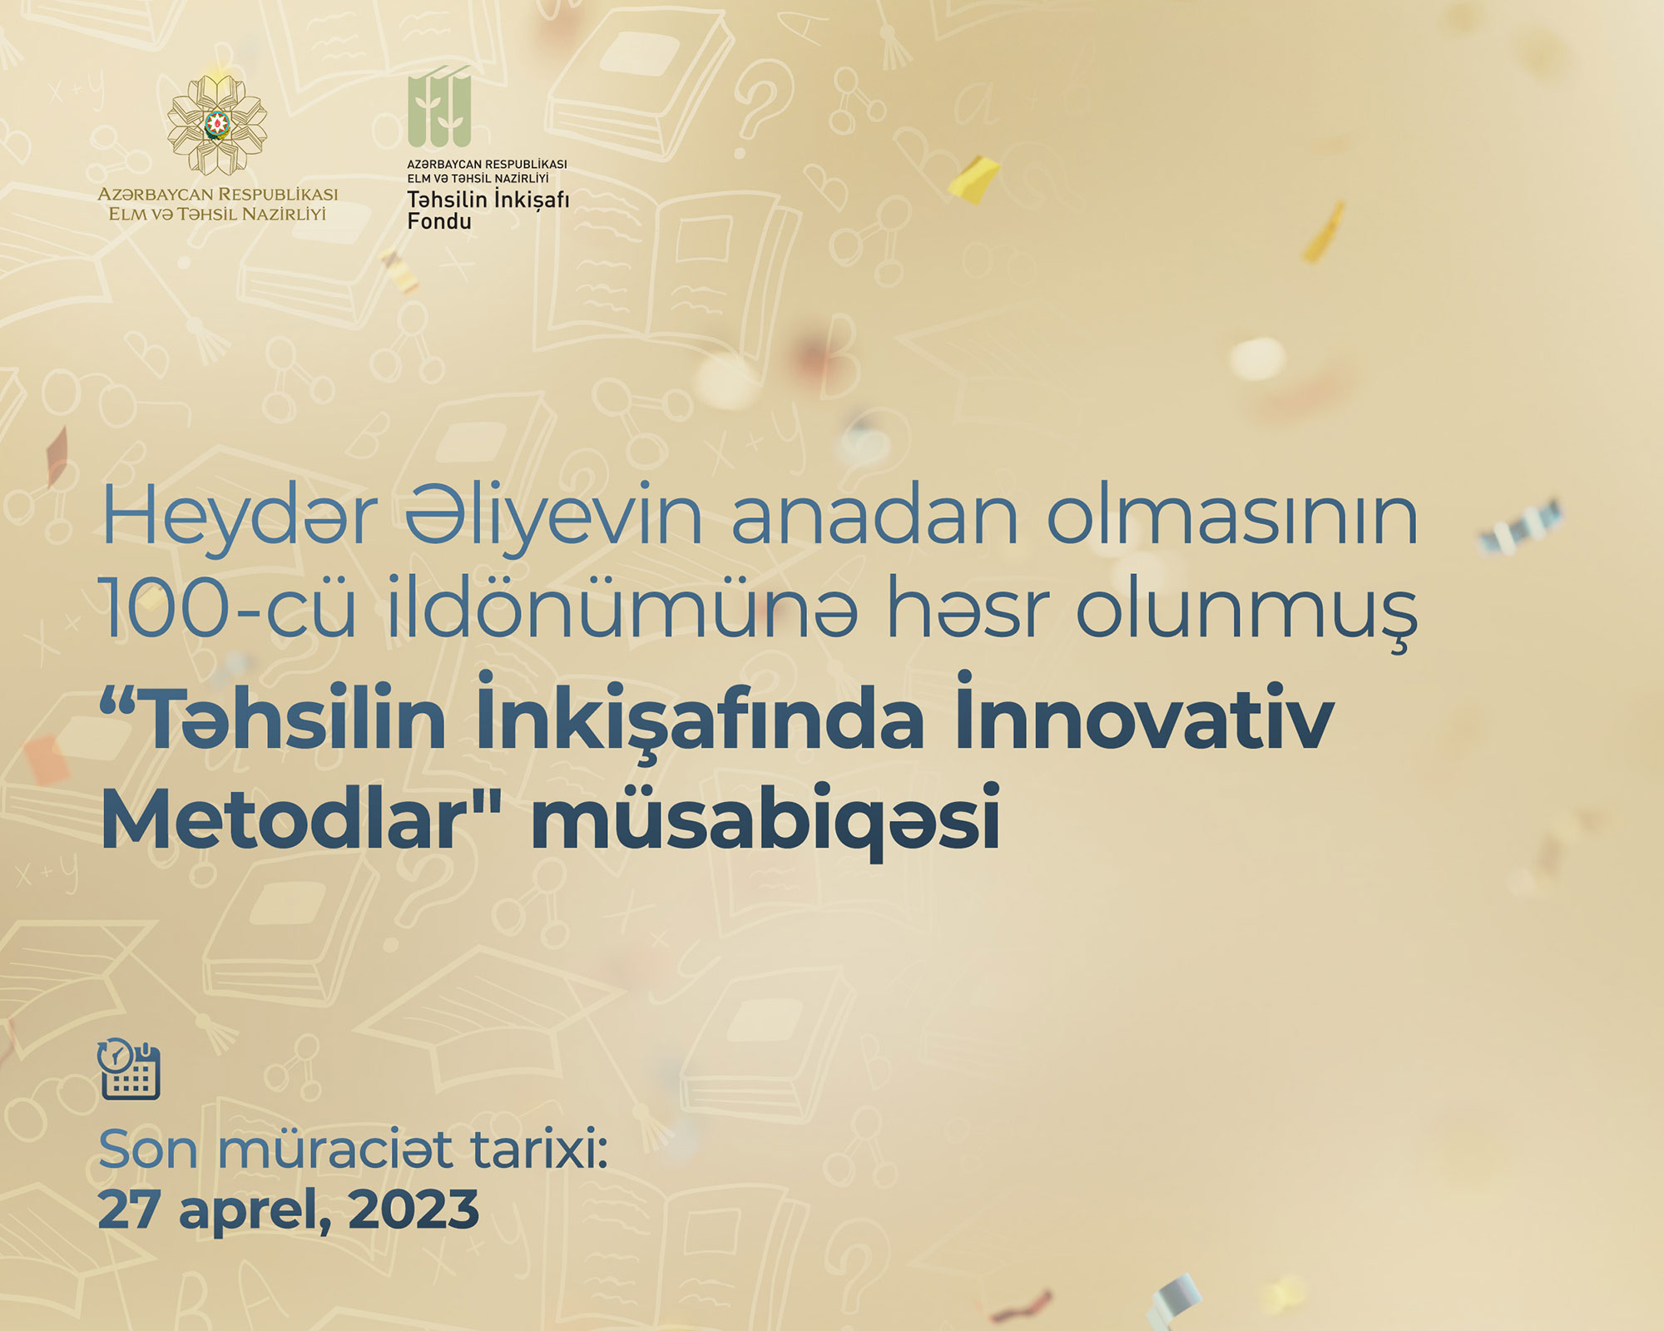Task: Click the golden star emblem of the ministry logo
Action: tap(217, 125)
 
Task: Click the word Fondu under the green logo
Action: tap(439, 221)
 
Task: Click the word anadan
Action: tap(874, 517)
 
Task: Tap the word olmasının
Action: tap(1232, 517)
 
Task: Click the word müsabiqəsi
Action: tap(765, 819)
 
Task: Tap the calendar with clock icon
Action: tap(129, 1069)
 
